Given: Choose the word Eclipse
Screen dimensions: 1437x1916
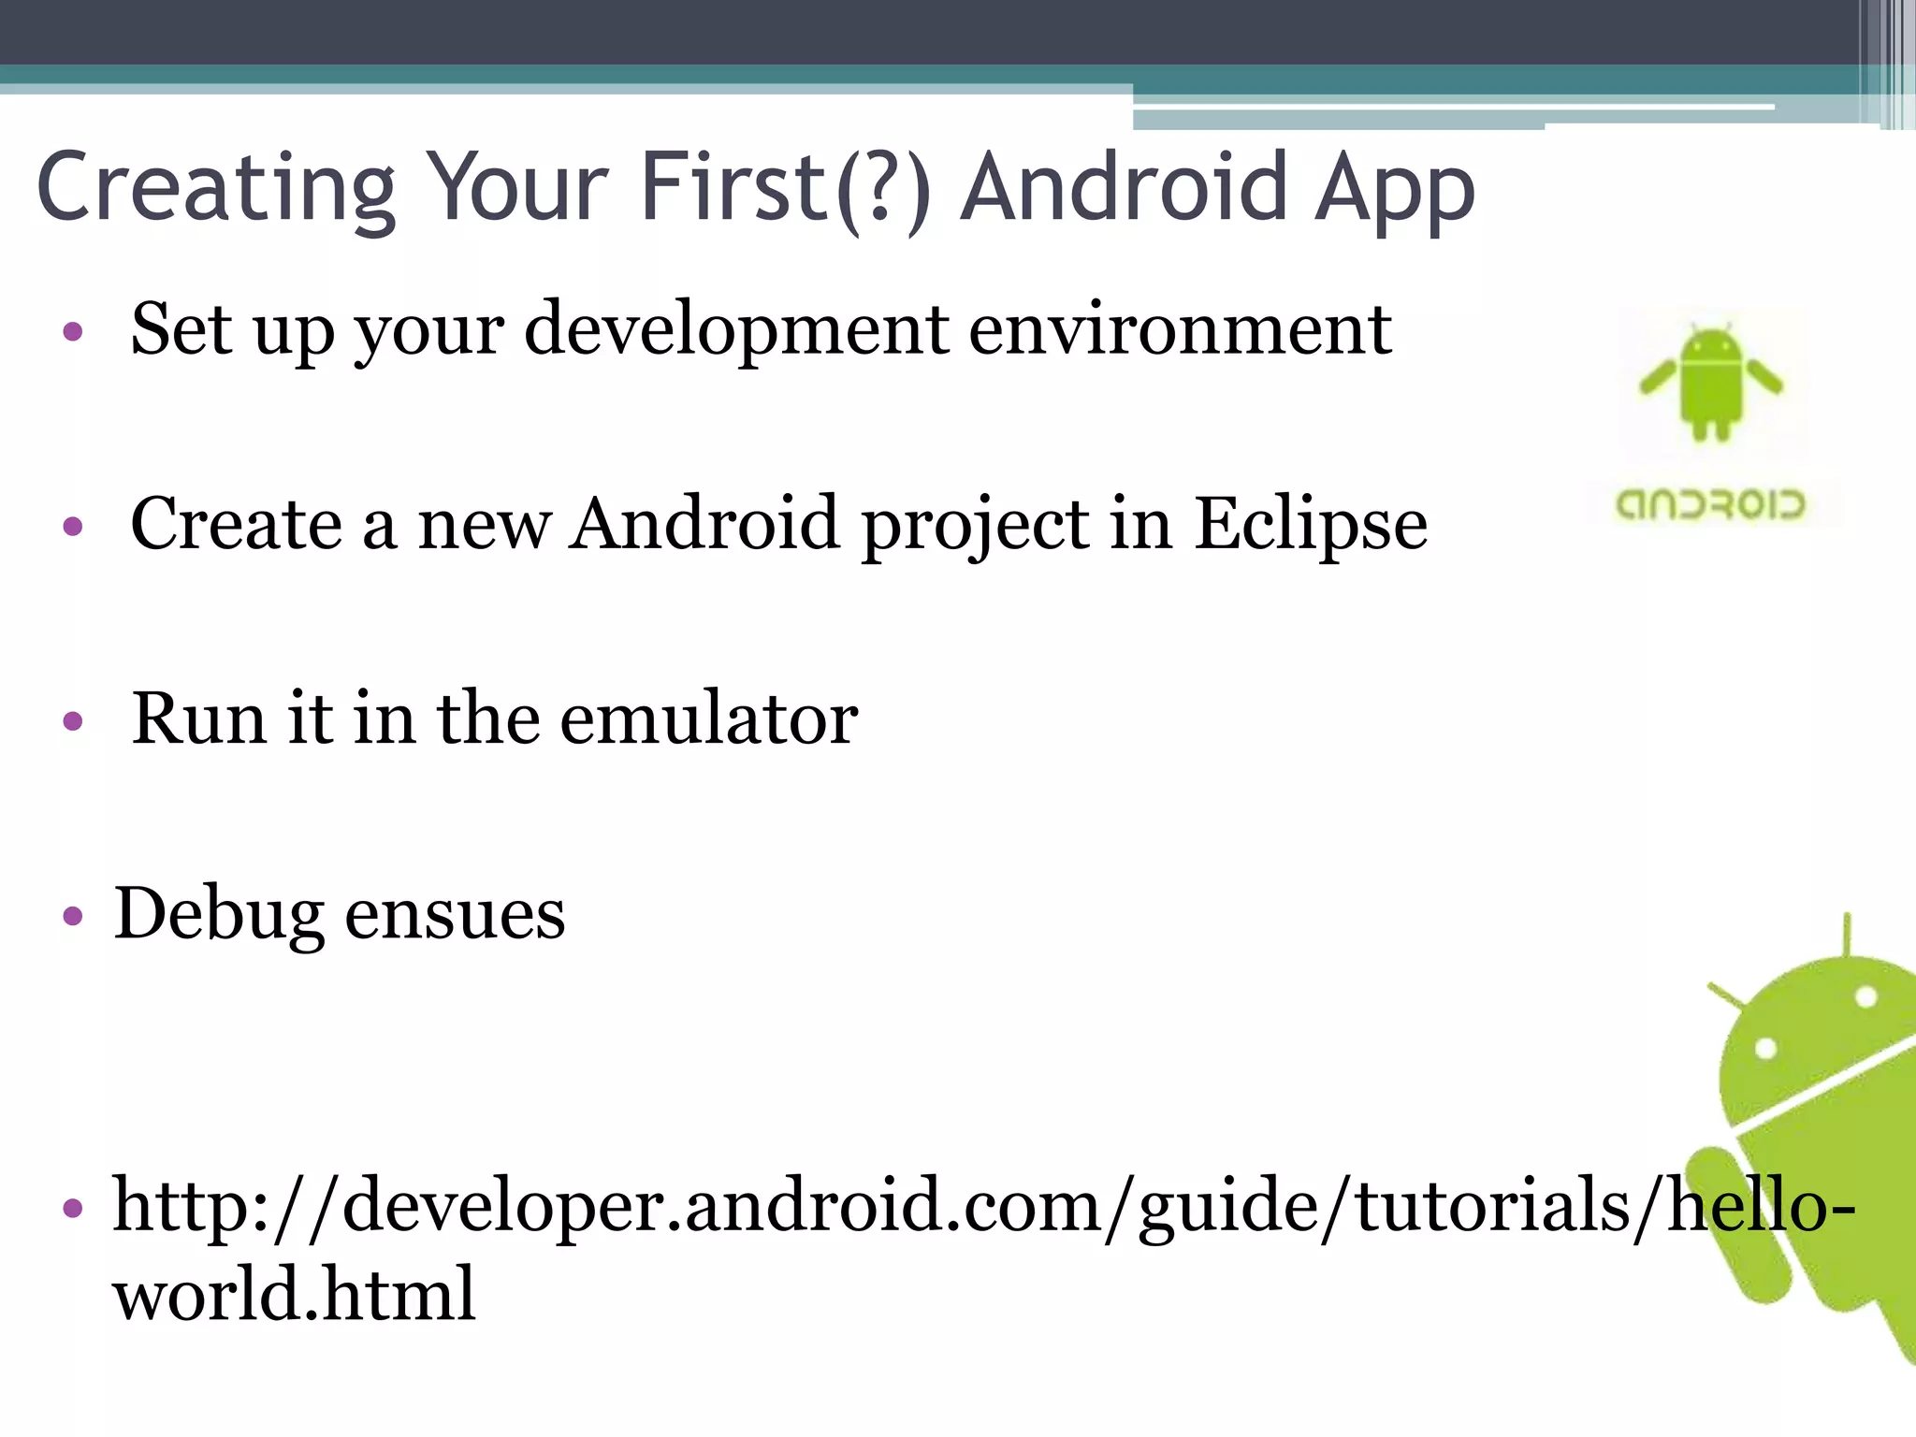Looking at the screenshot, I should pos(1311,525).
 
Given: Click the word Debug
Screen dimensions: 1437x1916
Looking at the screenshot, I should pos(219,914).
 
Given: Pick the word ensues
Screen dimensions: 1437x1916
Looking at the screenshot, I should pos(455,914).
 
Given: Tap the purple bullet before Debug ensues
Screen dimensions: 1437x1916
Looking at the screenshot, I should pos(73,915).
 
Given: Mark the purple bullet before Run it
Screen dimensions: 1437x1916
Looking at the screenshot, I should pos(73,720).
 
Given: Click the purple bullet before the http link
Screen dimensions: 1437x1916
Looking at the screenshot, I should pos(73,1208).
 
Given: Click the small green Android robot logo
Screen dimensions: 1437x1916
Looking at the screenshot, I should pos(1711,383).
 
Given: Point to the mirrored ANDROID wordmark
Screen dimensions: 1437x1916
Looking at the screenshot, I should pos(1710,505).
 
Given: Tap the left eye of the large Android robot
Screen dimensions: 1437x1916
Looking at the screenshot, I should pos(1765,1048).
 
